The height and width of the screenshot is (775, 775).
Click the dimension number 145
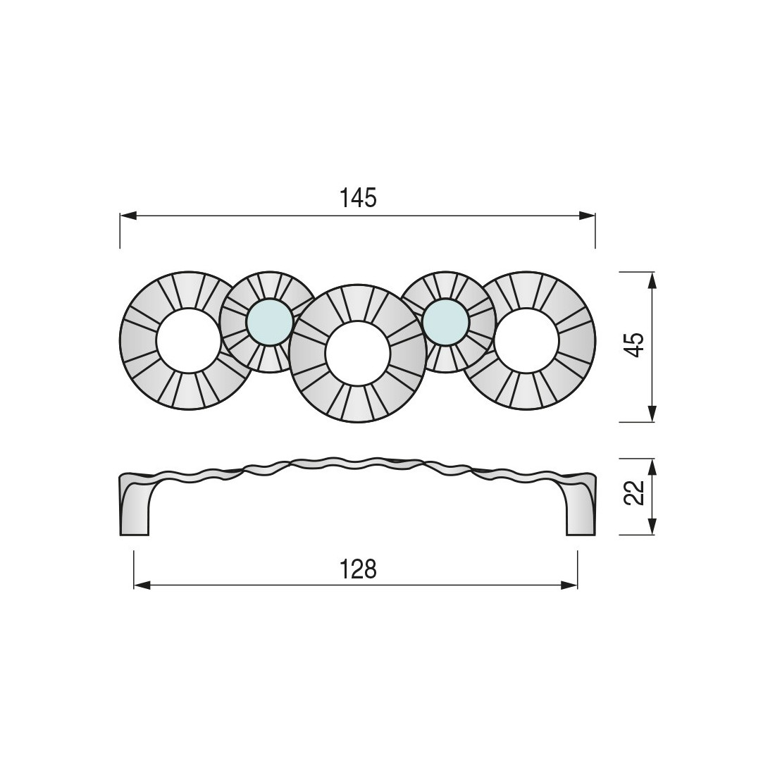[359, 198]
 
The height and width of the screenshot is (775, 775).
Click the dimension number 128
[359, 569]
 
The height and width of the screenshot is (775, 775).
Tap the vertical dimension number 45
[634, 345]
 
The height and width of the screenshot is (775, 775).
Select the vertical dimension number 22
[634, 492]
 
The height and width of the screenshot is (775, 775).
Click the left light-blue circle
[269, 321]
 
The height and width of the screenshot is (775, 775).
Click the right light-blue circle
[445, 321]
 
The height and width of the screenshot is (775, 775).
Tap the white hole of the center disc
[358, 353]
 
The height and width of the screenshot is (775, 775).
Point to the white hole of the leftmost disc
[188, 340]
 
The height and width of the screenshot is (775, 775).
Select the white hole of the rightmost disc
[526, 340]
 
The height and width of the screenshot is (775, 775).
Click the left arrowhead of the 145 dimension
[128, 216]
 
